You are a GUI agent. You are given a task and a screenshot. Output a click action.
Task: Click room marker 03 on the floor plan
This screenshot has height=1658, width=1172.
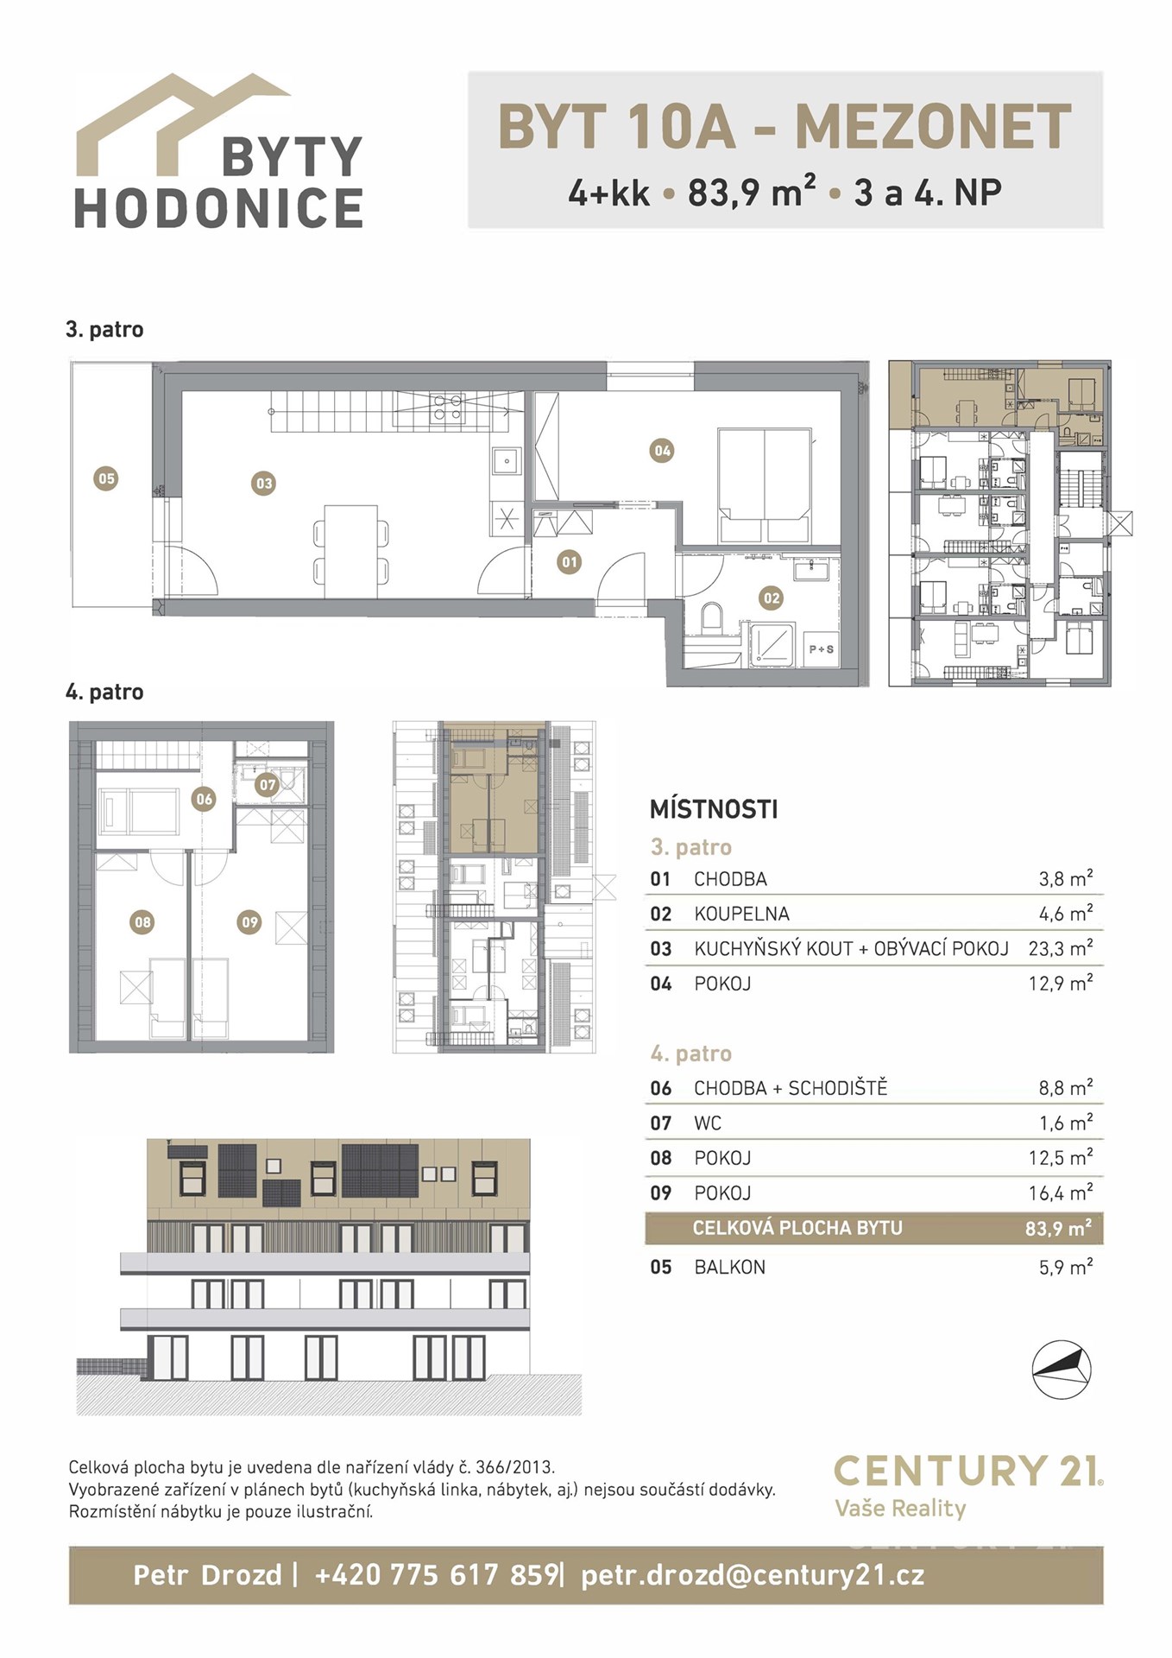(264, 484)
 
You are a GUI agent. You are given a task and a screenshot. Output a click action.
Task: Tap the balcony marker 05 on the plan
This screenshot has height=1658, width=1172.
(106, 478)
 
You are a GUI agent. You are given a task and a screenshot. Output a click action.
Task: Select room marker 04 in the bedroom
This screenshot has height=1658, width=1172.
(662, 450)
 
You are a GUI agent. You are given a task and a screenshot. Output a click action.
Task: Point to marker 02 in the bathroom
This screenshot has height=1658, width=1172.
(771, 598)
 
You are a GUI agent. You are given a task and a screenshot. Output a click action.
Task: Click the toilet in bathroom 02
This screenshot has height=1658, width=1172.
(713, 618)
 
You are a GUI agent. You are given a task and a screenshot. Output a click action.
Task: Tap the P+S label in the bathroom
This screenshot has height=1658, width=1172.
(821, 649)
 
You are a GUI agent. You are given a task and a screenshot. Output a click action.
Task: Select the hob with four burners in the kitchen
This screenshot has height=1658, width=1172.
(446, 407)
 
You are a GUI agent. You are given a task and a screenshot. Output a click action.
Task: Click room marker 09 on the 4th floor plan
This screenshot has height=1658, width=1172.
(249, 922)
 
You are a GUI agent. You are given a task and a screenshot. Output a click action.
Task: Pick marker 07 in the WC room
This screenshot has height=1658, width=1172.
(268, 785)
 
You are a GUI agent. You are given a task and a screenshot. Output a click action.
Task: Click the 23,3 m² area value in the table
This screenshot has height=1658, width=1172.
(1061, 948)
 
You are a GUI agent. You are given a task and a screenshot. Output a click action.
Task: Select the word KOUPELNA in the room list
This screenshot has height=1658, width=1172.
(741, 914)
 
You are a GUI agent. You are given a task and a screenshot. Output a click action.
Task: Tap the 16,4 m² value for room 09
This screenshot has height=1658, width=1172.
(1061, 1193)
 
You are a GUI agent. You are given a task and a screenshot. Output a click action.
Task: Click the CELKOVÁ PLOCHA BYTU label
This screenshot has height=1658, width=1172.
(797, 1228)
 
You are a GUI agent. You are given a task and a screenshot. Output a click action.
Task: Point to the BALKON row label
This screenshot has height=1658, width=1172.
(729, 1267)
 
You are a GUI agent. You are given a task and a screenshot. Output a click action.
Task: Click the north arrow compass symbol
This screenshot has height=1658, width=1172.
(1062, 1370)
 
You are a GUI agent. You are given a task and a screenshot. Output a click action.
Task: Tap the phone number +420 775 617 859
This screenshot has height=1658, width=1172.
(437, 1575)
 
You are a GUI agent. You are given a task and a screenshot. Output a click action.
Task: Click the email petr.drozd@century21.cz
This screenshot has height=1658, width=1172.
(753, 1576)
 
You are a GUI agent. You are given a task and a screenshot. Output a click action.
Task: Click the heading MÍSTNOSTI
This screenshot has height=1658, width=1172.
(714, 809)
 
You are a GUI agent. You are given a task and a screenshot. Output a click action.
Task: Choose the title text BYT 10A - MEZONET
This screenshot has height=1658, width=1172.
(784, 127)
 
